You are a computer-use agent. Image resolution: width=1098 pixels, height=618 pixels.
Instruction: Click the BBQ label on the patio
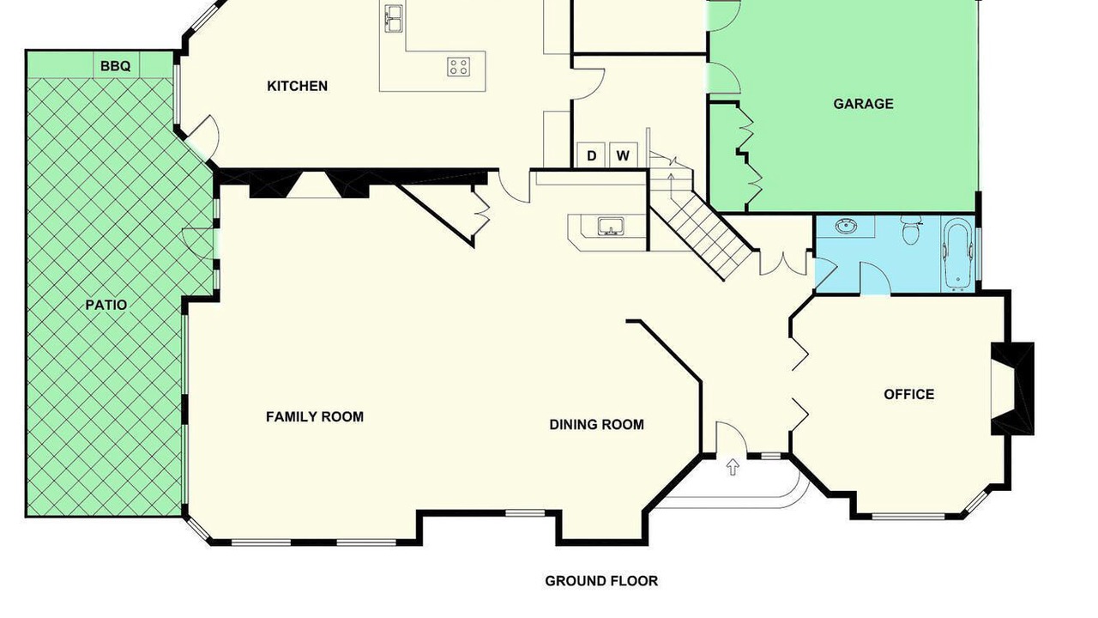[115, 66]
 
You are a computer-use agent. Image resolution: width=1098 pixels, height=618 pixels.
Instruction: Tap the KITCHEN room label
[297, 87]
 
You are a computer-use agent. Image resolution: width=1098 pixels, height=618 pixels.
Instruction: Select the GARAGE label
[863, 104]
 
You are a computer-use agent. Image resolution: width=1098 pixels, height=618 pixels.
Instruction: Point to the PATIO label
[106, 305]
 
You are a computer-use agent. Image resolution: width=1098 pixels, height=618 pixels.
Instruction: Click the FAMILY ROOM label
[315, 417]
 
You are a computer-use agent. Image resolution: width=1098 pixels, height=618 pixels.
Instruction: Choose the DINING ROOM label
[596, 425]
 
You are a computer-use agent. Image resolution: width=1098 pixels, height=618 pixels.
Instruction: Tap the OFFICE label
[908, 394]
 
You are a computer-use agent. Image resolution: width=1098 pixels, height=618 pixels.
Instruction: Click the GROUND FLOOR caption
[601, 581]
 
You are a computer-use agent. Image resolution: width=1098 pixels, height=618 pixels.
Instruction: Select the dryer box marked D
[592, 155]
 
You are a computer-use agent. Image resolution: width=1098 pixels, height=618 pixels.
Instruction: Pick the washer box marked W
[623, 155]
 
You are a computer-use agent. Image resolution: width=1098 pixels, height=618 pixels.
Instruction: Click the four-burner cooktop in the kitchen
[459, 67]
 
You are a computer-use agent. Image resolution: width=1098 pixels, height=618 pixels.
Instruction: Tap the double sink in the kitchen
[393, 18]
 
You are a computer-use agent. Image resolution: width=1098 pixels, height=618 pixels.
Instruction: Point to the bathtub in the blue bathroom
[957, 255]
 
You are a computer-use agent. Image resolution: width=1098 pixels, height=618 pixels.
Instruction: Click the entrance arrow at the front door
[733, 466]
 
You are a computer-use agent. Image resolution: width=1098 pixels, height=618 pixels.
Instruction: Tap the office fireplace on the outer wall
[1013, 389]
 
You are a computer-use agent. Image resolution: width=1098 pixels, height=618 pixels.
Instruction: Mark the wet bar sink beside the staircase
[610, 227]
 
